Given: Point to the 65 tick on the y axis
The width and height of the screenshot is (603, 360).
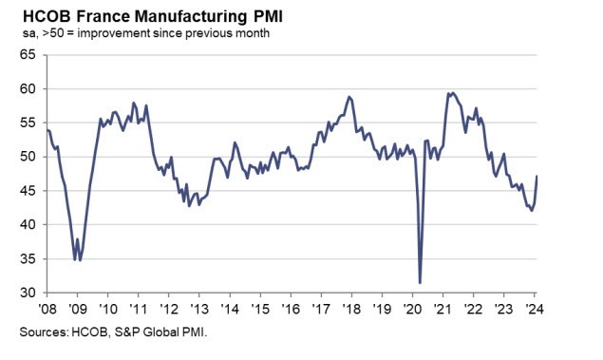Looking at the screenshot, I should pos(28,55).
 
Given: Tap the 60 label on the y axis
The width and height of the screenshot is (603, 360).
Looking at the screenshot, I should pos(28,89).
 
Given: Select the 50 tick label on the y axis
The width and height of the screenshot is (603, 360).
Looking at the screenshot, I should pos(28,157).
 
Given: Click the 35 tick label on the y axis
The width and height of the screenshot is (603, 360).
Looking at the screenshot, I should pos(28,259).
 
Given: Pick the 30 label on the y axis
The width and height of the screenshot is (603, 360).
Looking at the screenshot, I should pos(28,294).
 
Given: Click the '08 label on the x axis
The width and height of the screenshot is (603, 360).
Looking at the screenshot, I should pos(47,309).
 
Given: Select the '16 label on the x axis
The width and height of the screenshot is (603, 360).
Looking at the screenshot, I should pos(291,309).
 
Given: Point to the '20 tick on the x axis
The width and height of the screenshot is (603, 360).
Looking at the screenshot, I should pos(412,309).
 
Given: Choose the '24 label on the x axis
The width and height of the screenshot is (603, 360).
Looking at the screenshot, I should pos(534,309).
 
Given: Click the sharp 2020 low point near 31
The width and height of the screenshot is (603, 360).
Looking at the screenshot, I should pos(420,282).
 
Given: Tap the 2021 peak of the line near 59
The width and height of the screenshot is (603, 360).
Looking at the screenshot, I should pos(451,92).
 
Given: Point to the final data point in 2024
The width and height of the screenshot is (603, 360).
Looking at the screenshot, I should pos(537,177).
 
